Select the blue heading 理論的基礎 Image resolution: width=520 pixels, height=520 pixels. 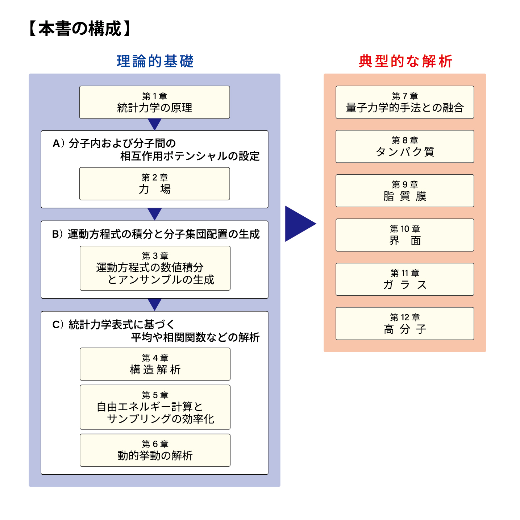[x=155, y=61]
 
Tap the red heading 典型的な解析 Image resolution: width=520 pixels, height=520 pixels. [x=405, y=61]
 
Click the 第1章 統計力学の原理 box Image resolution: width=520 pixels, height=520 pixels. [x=155, y=102]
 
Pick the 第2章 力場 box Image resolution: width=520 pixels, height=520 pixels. [x=155, y=184]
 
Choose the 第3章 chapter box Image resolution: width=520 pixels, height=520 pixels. [x=155, y=268]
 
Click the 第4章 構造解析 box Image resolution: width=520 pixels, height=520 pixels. [x=155, y=364]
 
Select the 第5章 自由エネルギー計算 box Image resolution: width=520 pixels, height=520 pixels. [x=155, y=407]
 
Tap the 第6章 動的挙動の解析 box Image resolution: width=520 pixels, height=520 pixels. [x=155, y=450]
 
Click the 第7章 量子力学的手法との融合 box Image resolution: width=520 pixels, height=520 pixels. [x=405, y=102]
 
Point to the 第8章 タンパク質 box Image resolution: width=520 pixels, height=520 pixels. [x=405, y=146]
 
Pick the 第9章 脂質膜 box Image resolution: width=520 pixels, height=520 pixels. [x=405, y=191]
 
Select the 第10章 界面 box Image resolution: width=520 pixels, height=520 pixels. [x=405, y=235]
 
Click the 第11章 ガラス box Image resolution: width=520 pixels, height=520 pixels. [x=405, y=279]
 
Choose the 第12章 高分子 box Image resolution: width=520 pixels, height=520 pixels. [x=405, y=324]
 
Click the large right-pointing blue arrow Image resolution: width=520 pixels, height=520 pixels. [x=298, y=224]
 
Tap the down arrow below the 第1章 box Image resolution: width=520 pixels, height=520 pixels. [x=155, y=124]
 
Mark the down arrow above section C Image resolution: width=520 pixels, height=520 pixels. [x=155, y=304]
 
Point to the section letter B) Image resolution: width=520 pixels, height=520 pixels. [x=57, y=234]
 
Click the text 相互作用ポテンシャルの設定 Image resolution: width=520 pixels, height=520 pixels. [x=190, y=156]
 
